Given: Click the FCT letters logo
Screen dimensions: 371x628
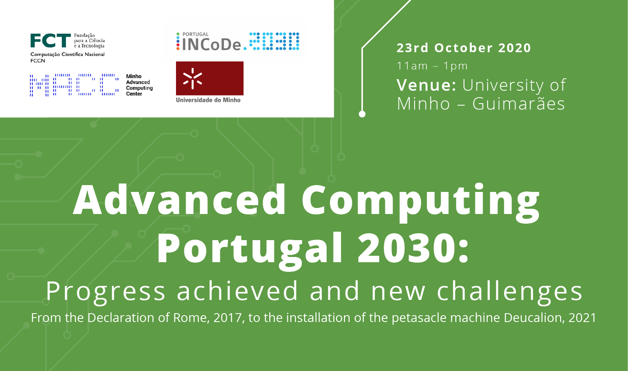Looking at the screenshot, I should point(50,41).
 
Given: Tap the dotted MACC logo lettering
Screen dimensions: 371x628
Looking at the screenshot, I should point(74,85).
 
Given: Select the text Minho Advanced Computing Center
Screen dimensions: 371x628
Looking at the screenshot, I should point(139,85).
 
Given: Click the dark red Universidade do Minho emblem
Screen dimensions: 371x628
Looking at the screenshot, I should point(209,78).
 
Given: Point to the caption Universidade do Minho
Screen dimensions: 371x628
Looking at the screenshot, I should point(208,100).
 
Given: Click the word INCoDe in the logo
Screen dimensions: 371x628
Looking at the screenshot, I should point(212,45).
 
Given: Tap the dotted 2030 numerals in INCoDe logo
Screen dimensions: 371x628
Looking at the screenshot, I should point(274,41).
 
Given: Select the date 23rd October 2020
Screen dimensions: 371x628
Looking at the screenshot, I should point(464,48).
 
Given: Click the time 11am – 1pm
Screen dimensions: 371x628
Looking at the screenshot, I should point(432,66).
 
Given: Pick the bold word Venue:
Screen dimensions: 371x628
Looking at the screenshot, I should point(426,85).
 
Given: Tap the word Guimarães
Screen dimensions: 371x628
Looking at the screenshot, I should point(518,104).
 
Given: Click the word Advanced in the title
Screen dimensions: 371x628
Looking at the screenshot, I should point(179,200).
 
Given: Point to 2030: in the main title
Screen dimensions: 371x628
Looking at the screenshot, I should point(413,248).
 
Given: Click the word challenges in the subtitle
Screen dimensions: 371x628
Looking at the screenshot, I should point(509,291).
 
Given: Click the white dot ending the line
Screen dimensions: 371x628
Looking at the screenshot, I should point(362,114).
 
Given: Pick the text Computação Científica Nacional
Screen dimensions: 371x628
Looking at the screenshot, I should point(68,54).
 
